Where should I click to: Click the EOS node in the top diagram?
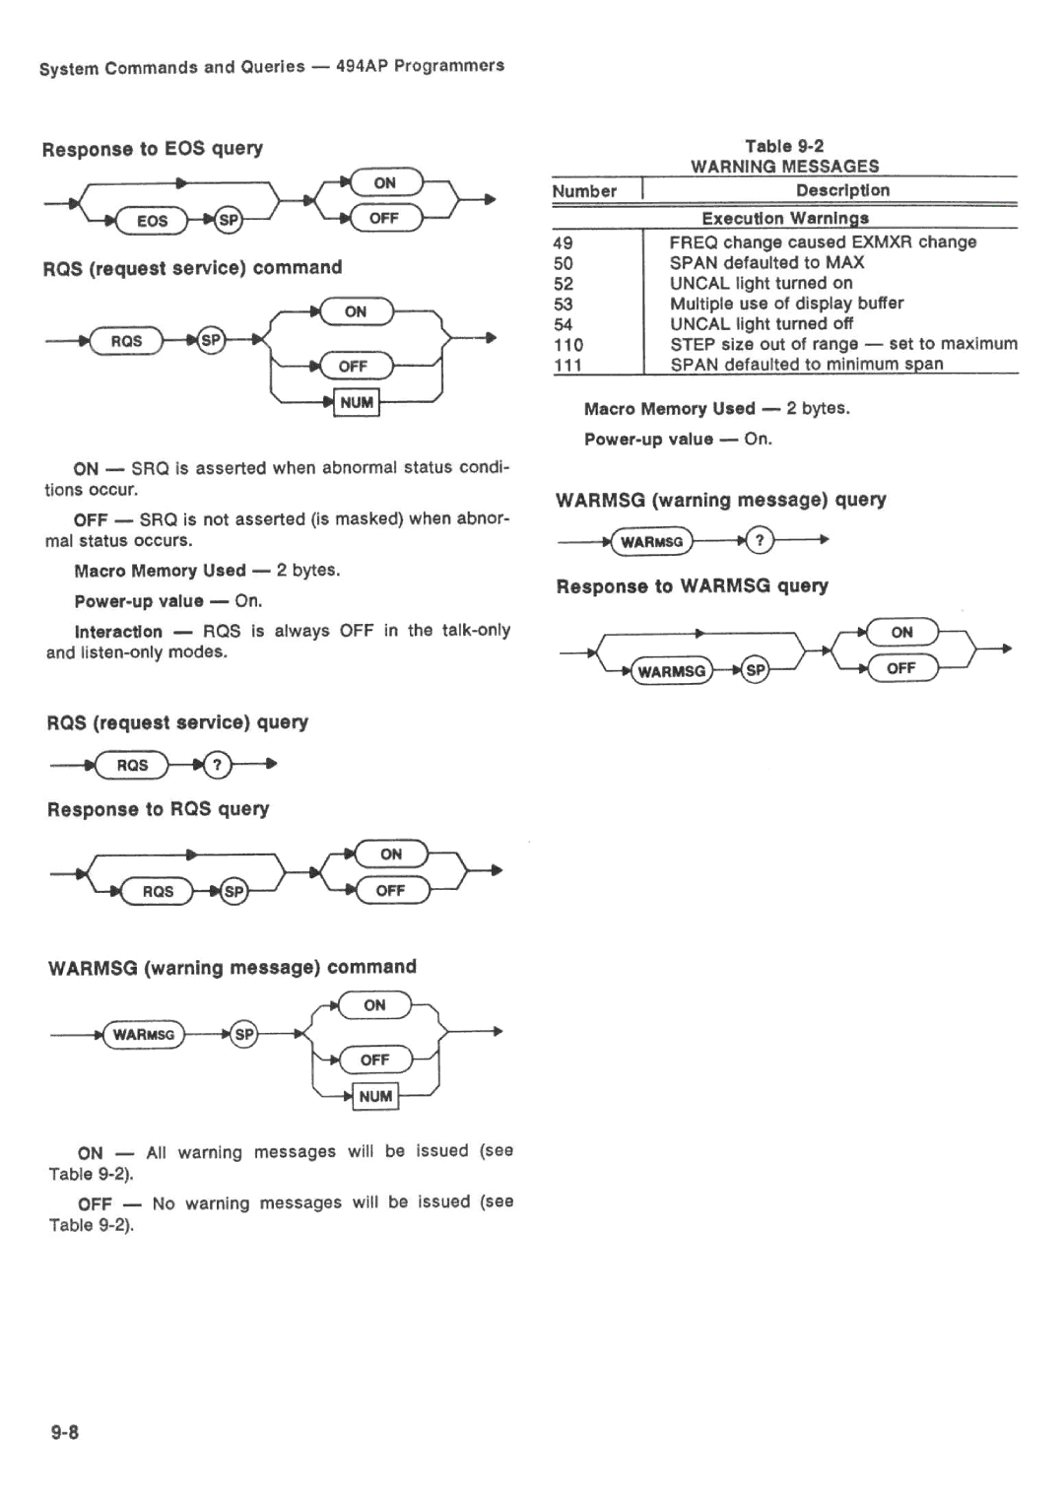[x=152, y=221]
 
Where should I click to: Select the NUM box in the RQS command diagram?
[x=357, y=403]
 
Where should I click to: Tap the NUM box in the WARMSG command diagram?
[x=375, y=1097]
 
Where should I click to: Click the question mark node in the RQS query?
[x=217, y=765]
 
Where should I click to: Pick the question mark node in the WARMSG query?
[x=761, y=540]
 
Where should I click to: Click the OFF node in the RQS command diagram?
[x=354, y=367]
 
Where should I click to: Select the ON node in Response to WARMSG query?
[x=902, y=632]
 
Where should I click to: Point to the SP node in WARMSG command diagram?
[x=244, y=1034]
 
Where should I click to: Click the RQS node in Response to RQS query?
[x=158, y=892]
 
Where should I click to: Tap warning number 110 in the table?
[x=568, y=345]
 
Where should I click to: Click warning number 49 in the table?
[x=564, y=242]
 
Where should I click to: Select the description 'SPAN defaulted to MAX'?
[x=766, y=263]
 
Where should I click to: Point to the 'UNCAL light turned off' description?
[x=762, y=324]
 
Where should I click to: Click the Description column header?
[x=843, y=190]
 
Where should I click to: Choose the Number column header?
[x=584, y=191]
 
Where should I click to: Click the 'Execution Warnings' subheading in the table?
[x=785, y=218]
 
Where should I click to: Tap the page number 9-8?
[x=65, y=1433]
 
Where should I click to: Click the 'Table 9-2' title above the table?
[x=784, y=146]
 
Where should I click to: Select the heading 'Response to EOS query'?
[x=153, y=149]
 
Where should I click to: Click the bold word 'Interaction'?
[x=118, y=632]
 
